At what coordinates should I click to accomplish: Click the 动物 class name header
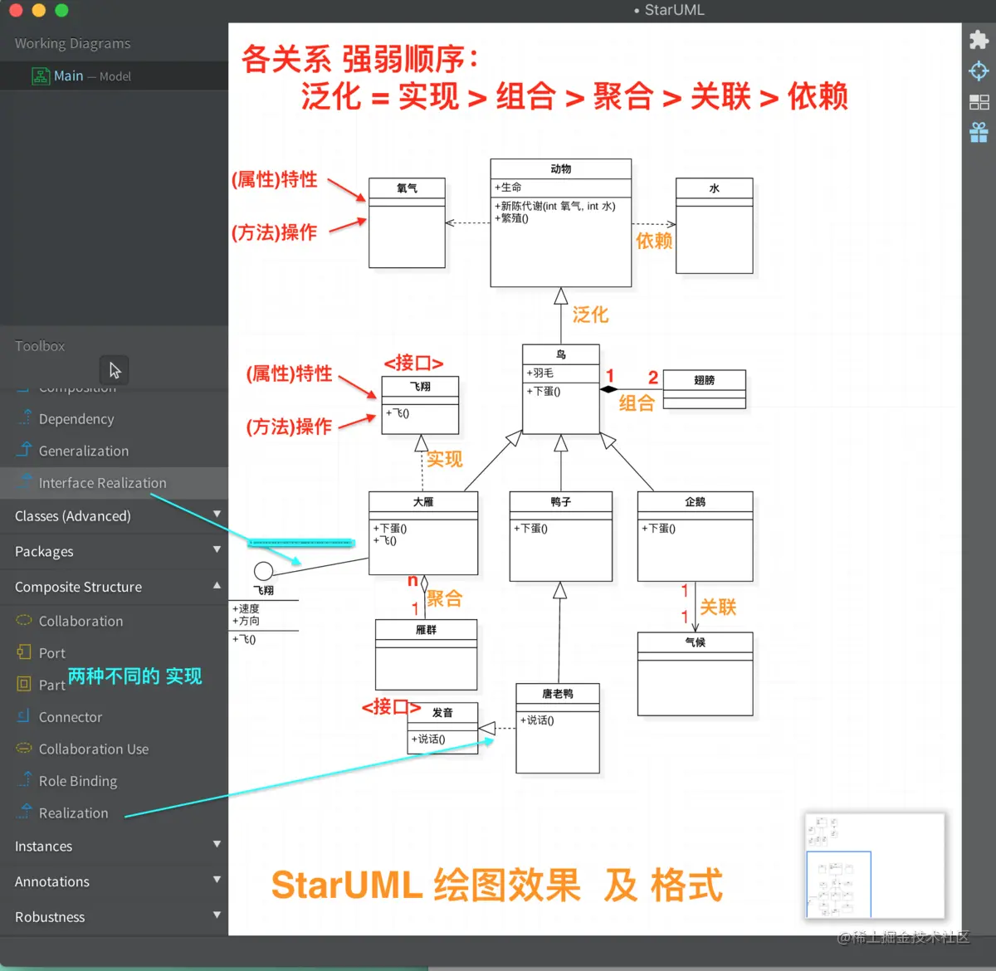(x=560, y=168)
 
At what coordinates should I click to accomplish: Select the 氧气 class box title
(x=407, y=188)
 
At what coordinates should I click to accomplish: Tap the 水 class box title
(x=714, y=188)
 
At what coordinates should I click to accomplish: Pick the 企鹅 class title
(x=695, y=502)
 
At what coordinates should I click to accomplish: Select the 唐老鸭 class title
(x=557, y=694)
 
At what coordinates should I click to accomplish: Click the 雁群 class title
(x=426, y=630)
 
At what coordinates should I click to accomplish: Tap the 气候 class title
(x=695, y=642)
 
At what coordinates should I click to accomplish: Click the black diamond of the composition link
(x=609, y=389)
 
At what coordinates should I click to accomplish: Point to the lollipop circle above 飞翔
(x=263, y=571)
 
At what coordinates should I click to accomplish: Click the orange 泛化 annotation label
(x=590, y=315)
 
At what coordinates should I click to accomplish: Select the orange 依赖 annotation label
(x=653, y=242)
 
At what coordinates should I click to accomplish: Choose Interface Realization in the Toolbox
(x=102, y=483)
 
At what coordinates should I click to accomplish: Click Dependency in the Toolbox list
(x=76, y=419)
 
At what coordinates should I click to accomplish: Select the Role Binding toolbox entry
(x=78, y=781)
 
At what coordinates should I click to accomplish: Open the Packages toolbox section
(x=44, y=552)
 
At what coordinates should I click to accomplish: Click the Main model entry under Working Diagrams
(x=68, y=76)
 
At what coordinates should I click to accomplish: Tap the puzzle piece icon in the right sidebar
(x=979, y=40)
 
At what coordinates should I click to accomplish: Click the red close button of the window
(x=16, y=11)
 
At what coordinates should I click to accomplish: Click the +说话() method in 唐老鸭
(x=537, y=720)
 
